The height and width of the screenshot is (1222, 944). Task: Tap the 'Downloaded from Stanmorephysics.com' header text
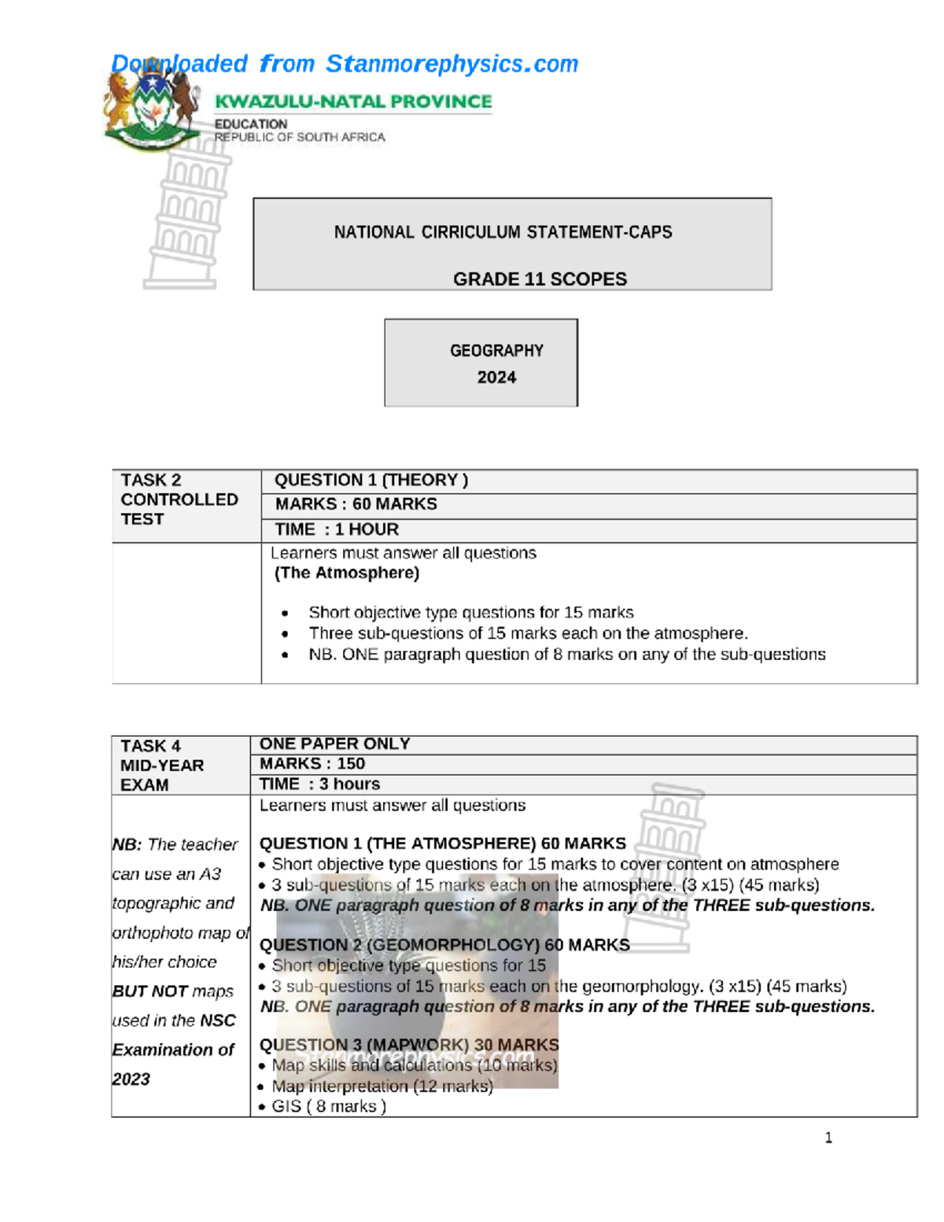(345, 64)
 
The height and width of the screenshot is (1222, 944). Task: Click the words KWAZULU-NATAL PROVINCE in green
(353, 102)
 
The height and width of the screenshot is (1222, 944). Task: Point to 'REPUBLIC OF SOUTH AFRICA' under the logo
(300, 137)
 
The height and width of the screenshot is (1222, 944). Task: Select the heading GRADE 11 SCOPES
(540, 279)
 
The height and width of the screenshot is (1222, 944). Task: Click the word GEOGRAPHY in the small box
(496, 351)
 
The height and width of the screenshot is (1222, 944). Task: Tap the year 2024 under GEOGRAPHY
(496, 378)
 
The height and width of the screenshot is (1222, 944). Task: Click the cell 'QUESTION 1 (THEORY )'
(371, 480)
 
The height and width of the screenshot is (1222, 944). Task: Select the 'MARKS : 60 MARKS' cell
(356, 504)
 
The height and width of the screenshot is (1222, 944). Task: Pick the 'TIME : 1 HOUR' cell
(337, 530)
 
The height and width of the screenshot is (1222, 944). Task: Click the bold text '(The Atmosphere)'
(346, 573)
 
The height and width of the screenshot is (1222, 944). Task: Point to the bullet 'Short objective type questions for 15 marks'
(470, 612)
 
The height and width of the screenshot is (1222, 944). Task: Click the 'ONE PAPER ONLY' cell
(334, 744)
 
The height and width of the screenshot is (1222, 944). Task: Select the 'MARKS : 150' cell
(312, 763)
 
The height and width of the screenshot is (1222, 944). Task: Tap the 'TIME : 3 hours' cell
(319, 784)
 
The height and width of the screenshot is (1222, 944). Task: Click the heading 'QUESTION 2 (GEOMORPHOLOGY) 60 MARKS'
(444, 944)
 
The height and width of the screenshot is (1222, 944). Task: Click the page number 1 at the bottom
(828, 1138)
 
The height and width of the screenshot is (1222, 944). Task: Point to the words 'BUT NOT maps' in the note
(173, 991)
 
